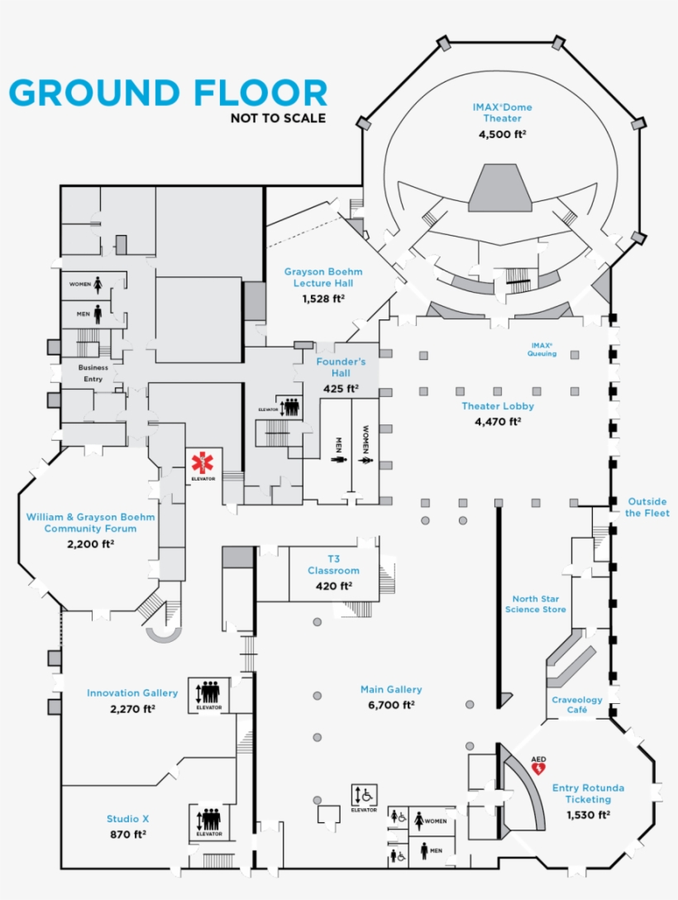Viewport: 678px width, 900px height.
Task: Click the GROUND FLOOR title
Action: (x=168, y=93)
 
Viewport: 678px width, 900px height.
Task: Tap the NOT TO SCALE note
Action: (x=278, y=118)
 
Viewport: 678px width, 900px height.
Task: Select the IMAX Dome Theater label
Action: (x=502, y=112)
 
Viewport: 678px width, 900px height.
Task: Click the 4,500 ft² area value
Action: (x=502, y=133)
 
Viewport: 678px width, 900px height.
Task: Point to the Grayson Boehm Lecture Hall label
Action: (x=323, y=277)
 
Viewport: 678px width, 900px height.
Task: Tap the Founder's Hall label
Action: (x=341, y=367)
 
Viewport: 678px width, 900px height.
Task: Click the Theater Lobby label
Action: (x=498, y=406)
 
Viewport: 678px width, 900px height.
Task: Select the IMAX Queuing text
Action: (x=542, y=349)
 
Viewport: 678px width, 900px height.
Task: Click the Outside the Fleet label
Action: (x=647, y=507)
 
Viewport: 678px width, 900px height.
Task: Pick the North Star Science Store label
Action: (x=538, y=604)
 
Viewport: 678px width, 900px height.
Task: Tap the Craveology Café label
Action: (x=577, y=705)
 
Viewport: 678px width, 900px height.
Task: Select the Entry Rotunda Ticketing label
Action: (x=588, y=793)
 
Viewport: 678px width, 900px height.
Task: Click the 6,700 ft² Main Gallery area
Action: (x=391, y=705)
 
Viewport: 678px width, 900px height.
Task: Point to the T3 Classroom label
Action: (x=333, y=565)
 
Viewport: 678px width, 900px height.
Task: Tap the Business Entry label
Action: (x=93, y=372)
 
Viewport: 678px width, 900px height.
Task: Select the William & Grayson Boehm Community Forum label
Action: (x=90, y=523)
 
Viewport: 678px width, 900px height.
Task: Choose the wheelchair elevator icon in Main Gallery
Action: (x=364, y=795)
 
